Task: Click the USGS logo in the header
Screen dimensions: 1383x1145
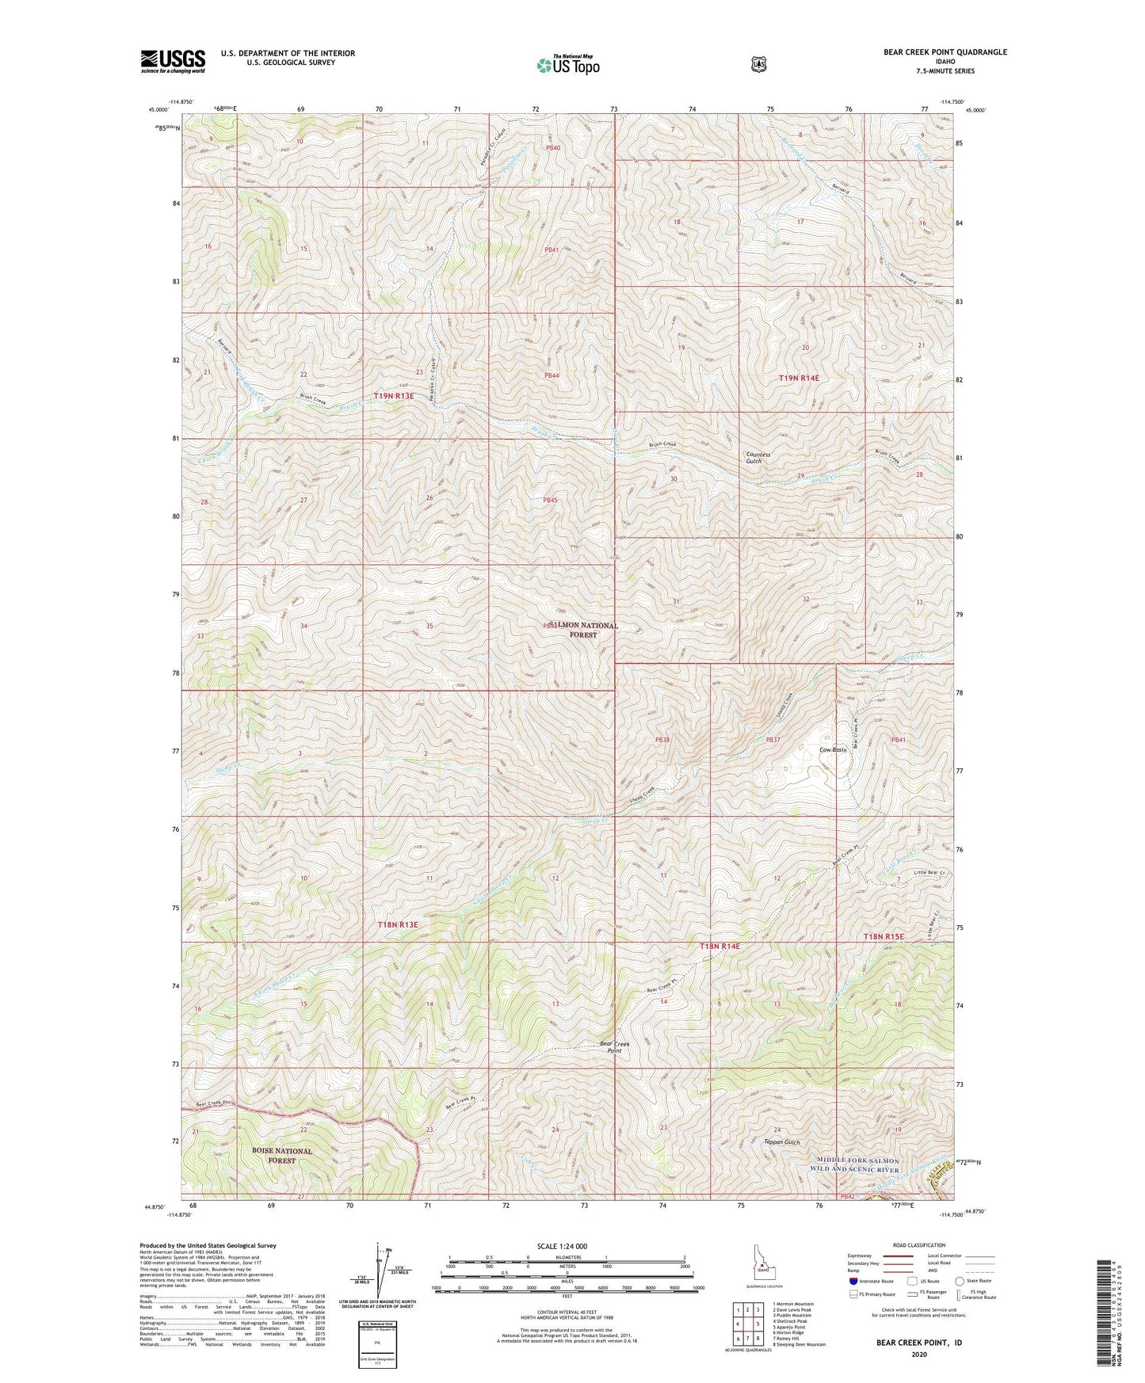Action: tap(173, 60)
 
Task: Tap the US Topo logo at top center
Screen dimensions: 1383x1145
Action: tap(567, 65)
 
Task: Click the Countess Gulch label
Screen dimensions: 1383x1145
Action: tap(758, 457)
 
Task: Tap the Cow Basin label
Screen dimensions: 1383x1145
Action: tap(833, 749)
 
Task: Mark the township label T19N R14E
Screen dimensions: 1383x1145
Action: tap(798, 379)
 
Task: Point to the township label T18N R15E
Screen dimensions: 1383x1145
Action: tap(883, 937)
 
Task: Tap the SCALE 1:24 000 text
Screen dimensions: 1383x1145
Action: tap(562, 1247)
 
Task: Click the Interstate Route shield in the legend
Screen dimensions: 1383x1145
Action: tap(853, 1281)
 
